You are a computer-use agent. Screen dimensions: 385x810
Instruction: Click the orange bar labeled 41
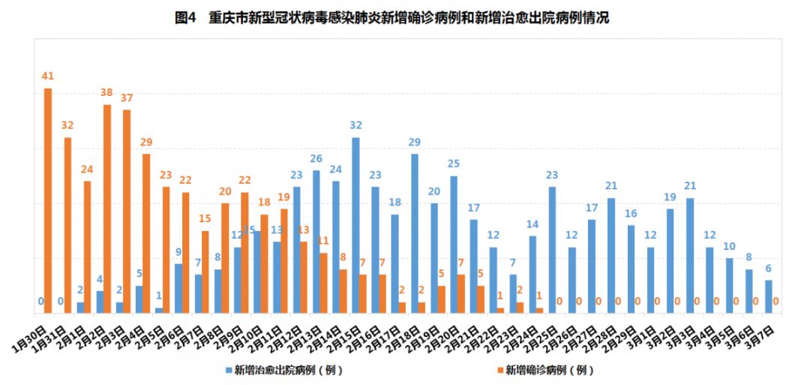point(48,200)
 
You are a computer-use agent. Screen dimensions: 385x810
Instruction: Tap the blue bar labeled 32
point(355,224)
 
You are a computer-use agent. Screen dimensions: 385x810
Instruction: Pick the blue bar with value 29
point(415,233)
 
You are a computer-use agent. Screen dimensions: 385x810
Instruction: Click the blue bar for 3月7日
point(769,296)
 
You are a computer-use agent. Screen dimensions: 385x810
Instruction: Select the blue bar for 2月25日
point(552,249)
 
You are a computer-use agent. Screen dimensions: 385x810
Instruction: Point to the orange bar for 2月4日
point(146,233)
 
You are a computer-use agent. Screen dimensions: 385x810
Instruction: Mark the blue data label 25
point(454,164)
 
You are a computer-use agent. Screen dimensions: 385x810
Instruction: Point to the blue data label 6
point(769,268)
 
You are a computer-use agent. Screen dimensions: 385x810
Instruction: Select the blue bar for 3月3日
point(690,254)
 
